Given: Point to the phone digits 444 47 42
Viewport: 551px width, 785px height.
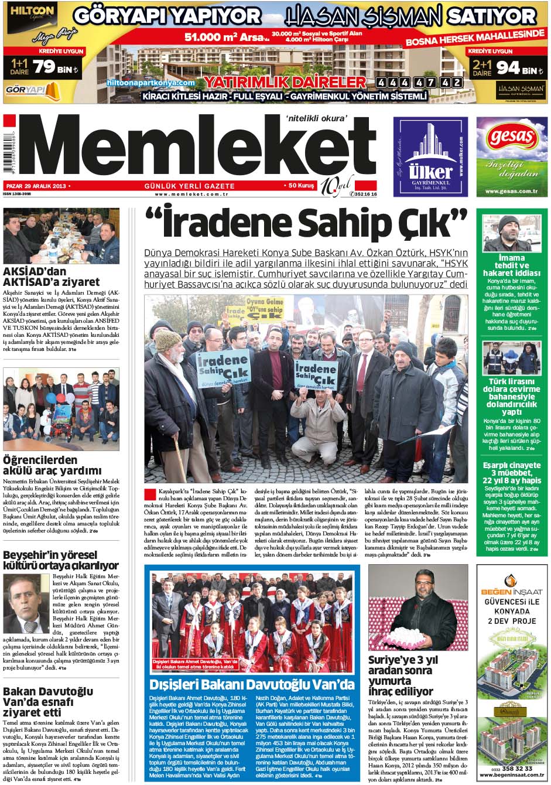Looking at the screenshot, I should tap(419, 83).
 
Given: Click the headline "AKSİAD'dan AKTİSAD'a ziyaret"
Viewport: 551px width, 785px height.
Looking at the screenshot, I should tap(52, 277).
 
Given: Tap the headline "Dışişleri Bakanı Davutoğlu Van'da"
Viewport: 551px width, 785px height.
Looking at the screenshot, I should tap(252, 685).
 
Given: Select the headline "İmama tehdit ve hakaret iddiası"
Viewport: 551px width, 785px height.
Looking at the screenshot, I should tap(511, 265).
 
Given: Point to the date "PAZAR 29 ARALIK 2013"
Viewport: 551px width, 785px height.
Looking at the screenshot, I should tap(35, 186).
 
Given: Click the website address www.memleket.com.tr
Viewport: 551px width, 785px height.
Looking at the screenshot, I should tap(191, 194).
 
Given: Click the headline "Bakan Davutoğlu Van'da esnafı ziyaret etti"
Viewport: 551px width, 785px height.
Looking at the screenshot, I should tap(48, 702).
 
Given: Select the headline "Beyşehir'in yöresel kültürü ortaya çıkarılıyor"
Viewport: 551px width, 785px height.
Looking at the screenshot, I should tap(61, 560).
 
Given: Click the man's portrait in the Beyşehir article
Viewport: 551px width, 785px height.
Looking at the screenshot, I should tap(26, 603).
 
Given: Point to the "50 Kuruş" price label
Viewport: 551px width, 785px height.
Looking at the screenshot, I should tap(301, 186).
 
